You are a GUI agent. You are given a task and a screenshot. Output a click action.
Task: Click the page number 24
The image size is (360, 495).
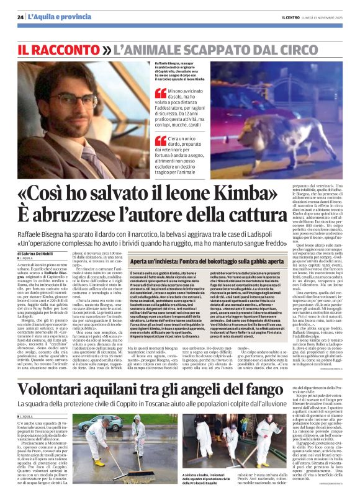pos(20,17)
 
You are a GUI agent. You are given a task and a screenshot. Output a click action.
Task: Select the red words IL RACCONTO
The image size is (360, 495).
pos(58,48)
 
